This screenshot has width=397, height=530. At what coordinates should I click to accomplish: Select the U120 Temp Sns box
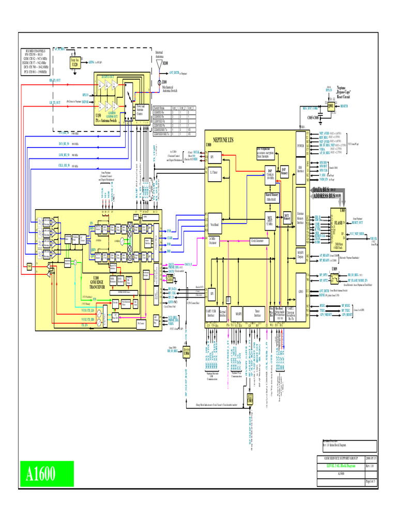point(74,62)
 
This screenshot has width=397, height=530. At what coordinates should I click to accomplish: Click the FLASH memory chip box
point(341,223)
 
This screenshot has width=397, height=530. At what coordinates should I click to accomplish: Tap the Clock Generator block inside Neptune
point(261,241)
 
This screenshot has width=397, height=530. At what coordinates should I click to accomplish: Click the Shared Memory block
point(272,197)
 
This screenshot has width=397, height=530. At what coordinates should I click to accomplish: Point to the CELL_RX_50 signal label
point(64,166)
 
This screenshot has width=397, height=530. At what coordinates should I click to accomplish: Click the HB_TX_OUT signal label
point(55,81)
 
